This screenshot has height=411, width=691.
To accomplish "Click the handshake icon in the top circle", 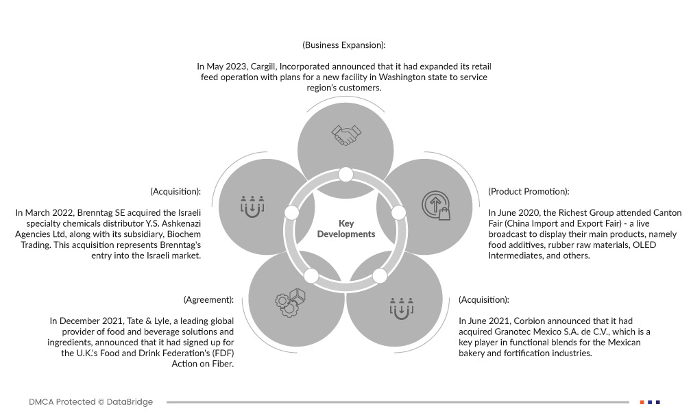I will point(345,134).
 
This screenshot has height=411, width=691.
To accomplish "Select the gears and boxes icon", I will point(290,302).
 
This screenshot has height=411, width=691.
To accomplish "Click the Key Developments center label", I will point(346,229).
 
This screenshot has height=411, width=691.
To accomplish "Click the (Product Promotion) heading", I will point(529,192).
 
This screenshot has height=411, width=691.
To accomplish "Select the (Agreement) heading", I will point(208,300).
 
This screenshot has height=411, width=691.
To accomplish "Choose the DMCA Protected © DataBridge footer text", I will point(91,402).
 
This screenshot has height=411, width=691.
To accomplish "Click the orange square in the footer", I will point(642,402).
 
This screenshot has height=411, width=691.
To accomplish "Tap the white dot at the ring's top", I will point(345,175).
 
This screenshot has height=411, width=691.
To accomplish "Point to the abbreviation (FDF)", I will point(219,353).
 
